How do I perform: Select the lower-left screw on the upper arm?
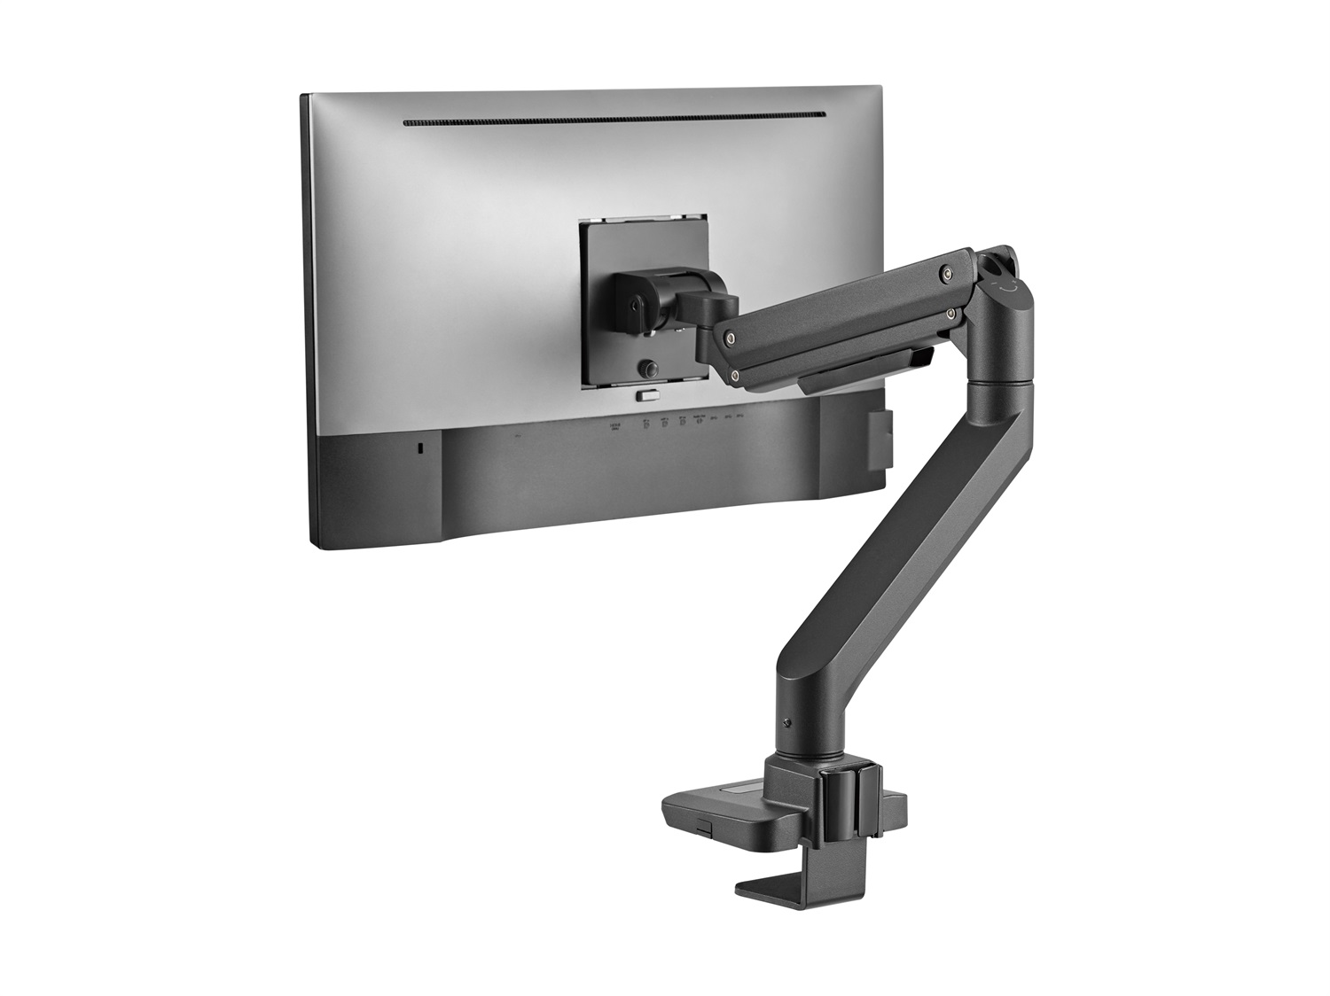coord(736,376)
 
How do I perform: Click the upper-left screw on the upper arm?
coord(729,337)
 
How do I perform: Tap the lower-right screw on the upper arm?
coord(951,312)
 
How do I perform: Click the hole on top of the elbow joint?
coord(1001,263)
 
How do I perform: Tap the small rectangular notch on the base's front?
coord(703,827)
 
